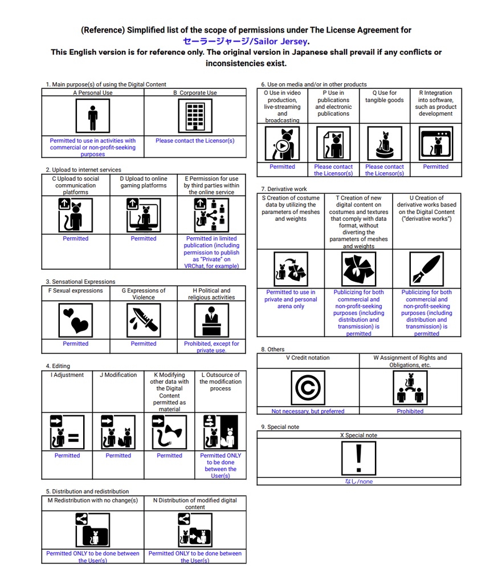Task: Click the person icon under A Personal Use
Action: point(92,116)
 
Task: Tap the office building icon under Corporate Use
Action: point(195,116)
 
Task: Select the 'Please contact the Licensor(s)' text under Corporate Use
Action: point(195,140)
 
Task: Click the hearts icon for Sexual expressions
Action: point(76,319)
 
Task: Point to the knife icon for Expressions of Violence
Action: point(144,319)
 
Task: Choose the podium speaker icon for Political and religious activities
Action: point(211,320)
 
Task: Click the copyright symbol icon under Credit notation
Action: point(308,388)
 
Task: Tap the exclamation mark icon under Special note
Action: point(358,459)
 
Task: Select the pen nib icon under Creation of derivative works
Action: point(426,269)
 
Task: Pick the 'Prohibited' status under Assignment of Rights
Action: point(410,411)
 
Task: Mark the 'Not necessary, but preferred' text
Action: point(308,411)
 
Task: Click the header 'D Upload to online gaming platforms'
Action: point(144,182)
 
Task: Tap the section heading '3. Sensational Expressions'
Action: point(80,282)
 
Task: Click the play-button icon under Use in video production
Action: point(282,144)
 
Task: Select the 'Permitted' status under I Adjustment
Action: point(67,456)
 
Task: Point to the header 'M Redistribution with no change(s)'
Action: point(93,500)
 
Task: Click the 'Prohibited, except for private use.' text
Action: point(211,347)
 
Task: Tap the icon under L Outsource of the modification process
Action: point(220,432)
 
